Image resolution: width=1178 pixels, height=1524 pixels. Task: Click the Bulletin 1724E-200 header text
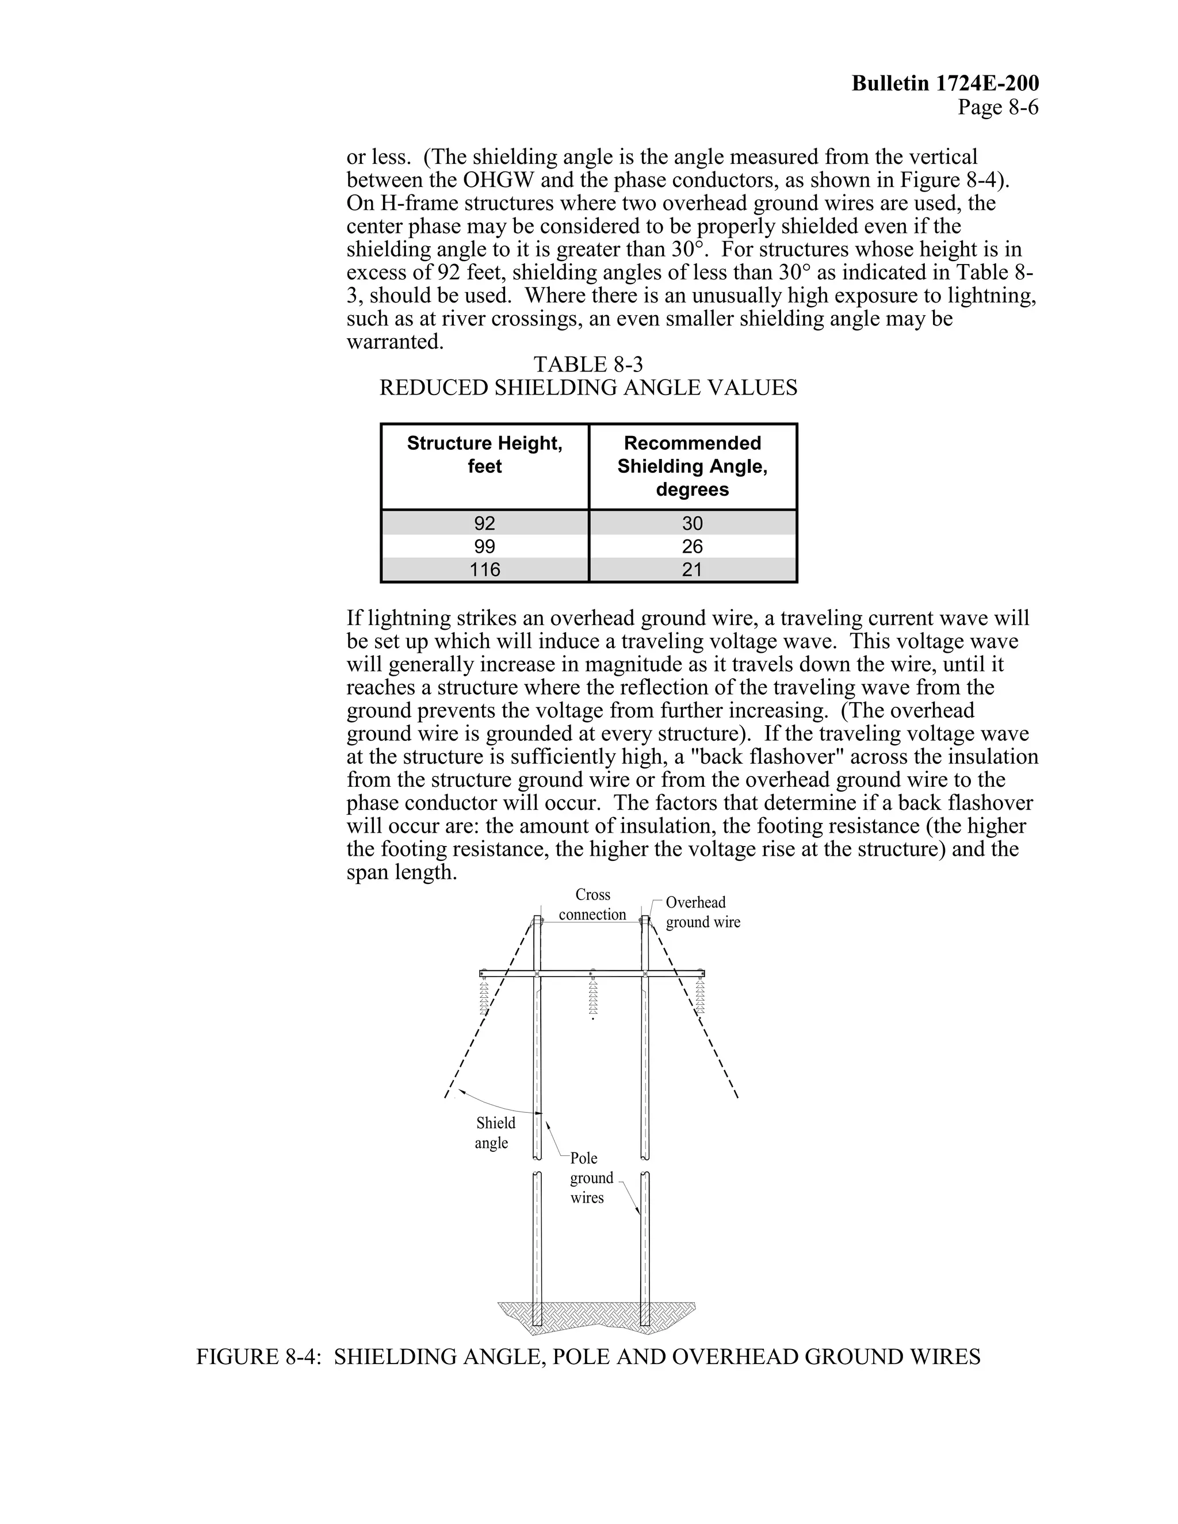pyautogui.click(x=945, y=84)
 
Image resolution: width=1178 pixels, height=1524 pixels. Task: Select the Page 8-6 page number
pyautogui.click(x=997, y=108)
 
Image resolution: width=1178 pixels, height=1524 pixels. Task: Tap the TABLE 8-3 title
pyautogui.click(x=588, y=364)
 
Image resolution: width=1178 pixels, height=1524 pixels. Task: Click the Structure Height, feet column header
pyautogui.click(x=484, y=454)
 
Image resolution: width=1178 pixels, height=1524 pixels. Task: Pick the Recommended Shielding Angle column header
pyautogui.click(x=693, y=466)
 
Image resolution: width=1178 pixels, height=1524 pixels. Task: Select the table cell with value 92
pyautogui.click(x=484, y=523)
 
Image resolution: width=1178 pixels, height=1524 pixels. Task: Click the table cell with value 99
pyautogui.click(x=484, y=546)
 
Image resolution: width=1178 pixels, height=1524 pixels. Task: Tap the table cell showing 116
pyautogui.click(x=484, y=569)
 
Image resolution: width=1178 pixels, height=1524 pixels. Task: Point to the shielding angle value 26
pyautogui.click(x=693, y=546)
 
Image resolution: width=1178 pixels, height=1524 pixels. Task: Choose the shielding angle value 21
pyautogui.click(x=693, y=569)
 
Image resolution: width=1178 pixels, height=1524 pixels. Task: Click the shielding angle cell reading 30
pyautogui.click(x=693, y=523)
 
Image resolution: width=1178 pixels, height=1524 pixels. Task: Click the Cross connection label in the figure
pyautogui.click(x=592, y=905)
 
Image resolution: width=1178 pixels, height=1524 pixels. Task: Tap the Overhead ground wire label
pyautogui.click(x=702, y=912)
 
